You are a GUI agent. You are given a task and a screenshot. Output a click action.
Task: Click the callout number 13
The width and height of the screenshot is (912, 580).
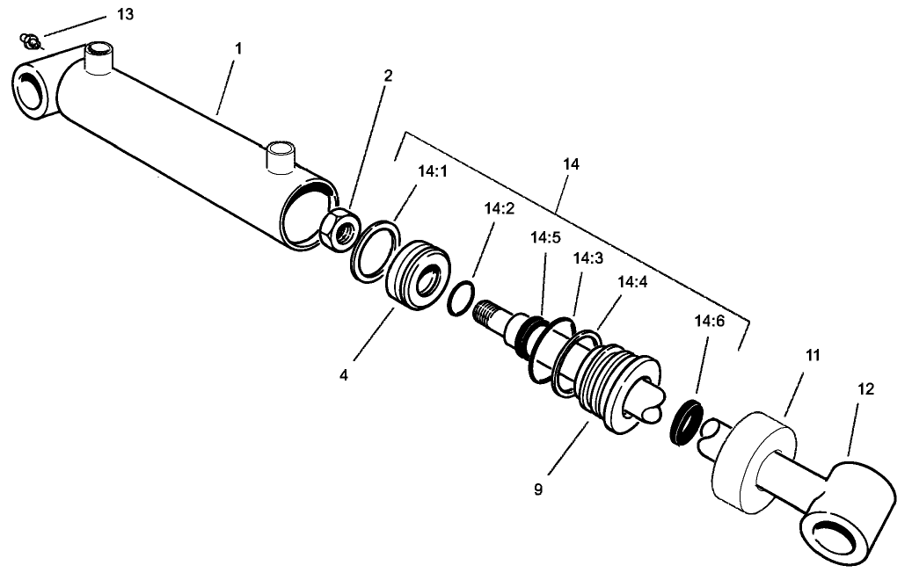click(x=128, y=16)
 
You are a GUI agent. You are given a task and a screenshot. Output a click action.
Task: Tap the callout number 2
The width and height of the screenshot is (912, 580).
click(x=388, y=76)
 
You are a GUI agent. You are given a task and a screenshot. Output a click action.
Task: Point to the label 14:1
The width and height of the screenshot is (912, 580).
click(x=433, y=173)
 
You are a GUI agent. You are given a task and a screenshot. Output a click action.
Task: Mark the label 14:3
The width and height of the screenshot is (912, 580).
click(x=587, y=259)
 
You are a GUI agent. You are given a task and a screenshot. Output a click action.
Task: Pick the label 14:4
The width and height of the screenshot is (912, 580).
click(x=632, y=283)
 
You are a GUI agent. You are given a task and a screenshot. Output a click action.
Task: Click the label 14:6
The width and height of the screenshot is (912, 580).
click(x=710, y=322)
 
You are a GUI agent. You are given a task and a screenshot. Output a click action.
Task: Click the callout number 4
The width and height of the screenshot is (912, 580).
click(x=344, y=375)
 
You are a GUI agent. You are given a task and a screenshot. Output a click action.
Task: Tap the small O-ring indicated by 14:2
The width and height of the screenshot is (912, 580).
click(x=460, y=298)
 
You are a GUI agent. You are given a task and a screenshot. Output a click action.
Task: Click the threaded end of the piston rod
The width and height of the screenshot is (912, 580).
click(x=486, y=312)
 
